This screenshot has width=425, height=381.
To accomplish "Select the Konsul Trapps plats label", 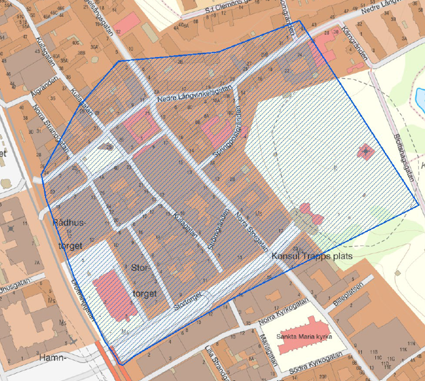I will point(312,256).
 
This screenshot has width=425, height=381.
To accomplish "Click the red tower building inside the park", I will point(365,152).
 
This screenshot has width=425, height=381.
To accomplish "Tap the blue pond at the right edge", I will point(420,98).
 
